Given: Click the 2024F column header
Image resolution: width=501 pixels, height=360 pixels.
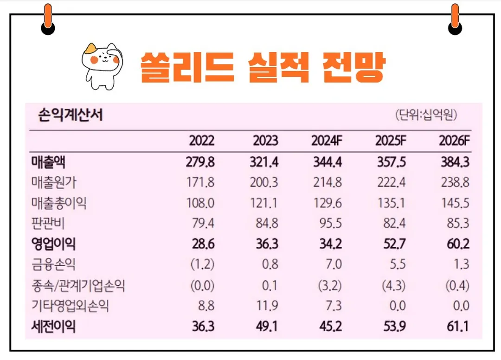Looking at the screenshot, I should (x=326, y=141).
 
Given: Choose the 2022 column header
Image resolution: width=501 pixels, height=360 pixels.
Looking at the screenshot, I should (x=202, y=141).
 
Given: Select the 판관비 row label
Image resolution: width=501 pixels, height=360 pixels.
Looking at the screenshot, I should (x=49, y=224).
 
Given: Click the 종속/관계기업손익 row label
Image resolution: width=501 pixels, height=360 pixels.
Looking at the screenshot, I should (x=78, y=286).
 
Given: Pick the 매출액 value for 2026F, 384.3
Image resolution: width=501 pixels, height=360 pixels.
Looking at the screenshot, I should (x=454, y=162).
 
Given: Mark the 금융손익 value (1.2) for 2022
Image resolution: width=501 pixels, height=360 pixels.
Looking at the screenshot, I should (x=202, y=265).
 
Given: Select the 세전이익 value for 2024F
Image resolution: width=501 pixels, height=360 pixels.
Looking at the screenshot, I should (x=330, y=327).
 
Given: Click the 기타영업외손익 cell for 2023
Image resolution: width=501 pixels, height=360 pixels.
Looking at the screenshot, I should (x=267, y=306).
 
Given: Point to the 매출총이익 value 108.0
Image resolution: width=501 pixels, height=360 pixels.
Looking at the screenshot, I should (x=202, y=203).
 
